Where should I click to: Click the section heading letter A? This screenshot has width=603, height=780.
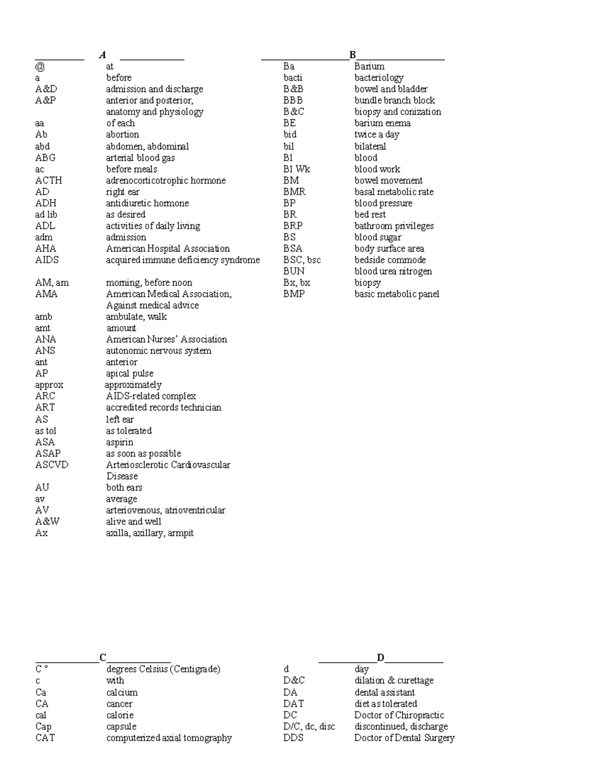tap(103, 55)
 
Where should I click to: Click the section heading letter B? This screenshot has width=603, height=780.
tap(353, 55)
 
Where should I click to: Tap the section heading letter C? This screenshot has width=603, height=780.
tap(103, 657)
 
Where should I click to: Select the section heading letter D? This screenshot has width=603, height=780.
tap(380, 657)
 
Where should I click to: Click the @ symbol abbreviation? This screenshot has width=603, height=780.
tap(40, 66)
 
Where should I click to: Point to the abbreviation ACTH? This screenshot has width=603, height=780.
tap(48, 180)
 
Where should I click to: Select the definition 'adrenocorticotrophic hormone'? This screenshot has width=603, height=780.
tap(165, 180)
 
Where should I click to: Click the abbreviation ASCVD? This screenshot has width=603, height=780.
tap(51, 465)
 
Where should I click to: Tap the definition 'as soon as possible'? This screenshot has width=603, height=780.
tap(143, 453)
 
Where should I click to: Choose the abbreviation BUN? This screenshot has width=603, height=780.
tap(293, 271)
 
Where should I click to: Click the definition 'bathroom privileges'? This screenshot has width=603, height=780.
tap(393, 226)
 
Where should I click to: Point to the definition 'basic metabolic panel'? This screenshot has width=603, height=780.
tap(396, 294)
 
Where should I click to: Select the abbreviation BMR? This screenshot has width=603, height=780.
tap(294, 192)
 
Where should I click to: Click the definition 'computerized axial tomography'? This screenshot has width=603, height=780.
tap(169, 738)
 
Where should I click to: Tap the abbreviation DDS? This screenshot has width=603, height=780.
tap(293, 738)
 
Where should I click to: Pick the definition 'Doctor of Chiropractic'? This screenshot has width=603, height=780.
tap(399, 715)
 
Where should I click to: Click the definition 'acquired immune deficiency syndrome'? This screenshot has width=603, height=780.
tap(182, 260)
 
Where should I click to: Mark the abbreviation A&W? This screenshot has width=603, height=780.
tap(47, 521)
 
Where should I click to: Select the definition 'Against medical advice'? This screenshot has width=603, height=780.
tap(152, 305)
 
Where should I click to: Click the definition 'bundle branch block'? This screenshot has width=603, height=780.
tap(394, 100)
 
